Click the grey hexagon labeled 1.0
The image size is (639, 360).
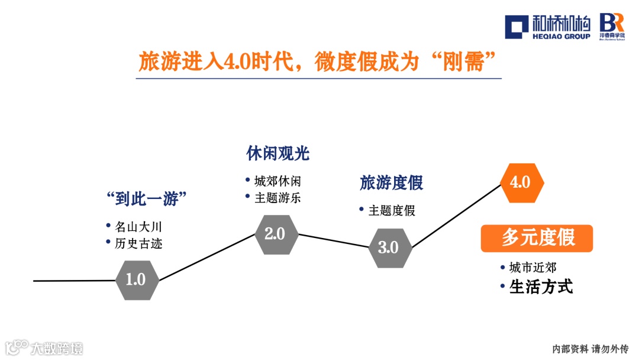136,279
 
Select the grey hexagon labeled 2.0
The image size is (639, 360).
275,233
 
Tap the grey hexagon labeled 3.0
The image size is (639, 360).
389,247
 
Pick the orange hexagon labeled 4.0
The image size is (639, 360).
521,182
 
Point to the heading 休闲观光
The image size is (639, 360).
278,154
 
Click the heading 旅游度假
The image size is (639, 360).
392,183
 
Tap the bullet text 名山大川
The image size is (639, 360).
138,226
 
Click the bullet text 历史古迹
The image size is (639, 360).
138,243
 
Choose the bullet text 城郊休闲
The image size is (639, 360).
277,181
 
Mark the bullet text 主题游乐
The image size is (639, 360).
277,198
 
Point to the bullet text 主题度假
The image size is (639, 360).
392,210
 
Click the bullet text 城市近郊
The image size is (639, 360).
532,268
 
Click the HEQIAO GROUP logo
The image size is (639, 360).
548,26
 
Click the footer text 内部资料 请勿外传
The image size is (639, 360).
590,349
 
